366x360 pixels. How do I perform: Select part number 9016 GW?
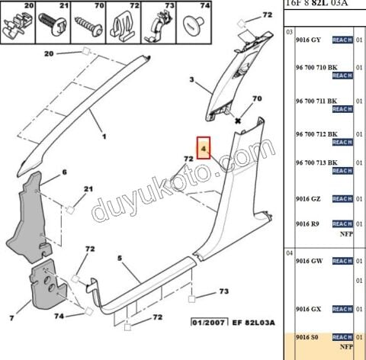(308, 261)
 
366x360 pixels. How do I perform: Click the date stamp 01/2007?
(207, 323)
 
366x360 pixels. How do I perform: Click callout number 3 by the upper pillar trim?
(193, 79)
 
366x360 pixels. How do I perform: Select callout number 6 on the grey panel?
(65, 173)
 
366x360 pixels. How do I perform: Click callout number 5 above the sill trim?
(119, 258)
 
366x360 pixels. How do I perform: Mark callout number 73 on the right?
(223, 291)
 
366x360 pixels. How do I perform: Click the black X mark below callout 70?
(238, 121)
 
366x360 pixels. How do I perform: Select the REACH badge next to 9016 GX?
(342, 309)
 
